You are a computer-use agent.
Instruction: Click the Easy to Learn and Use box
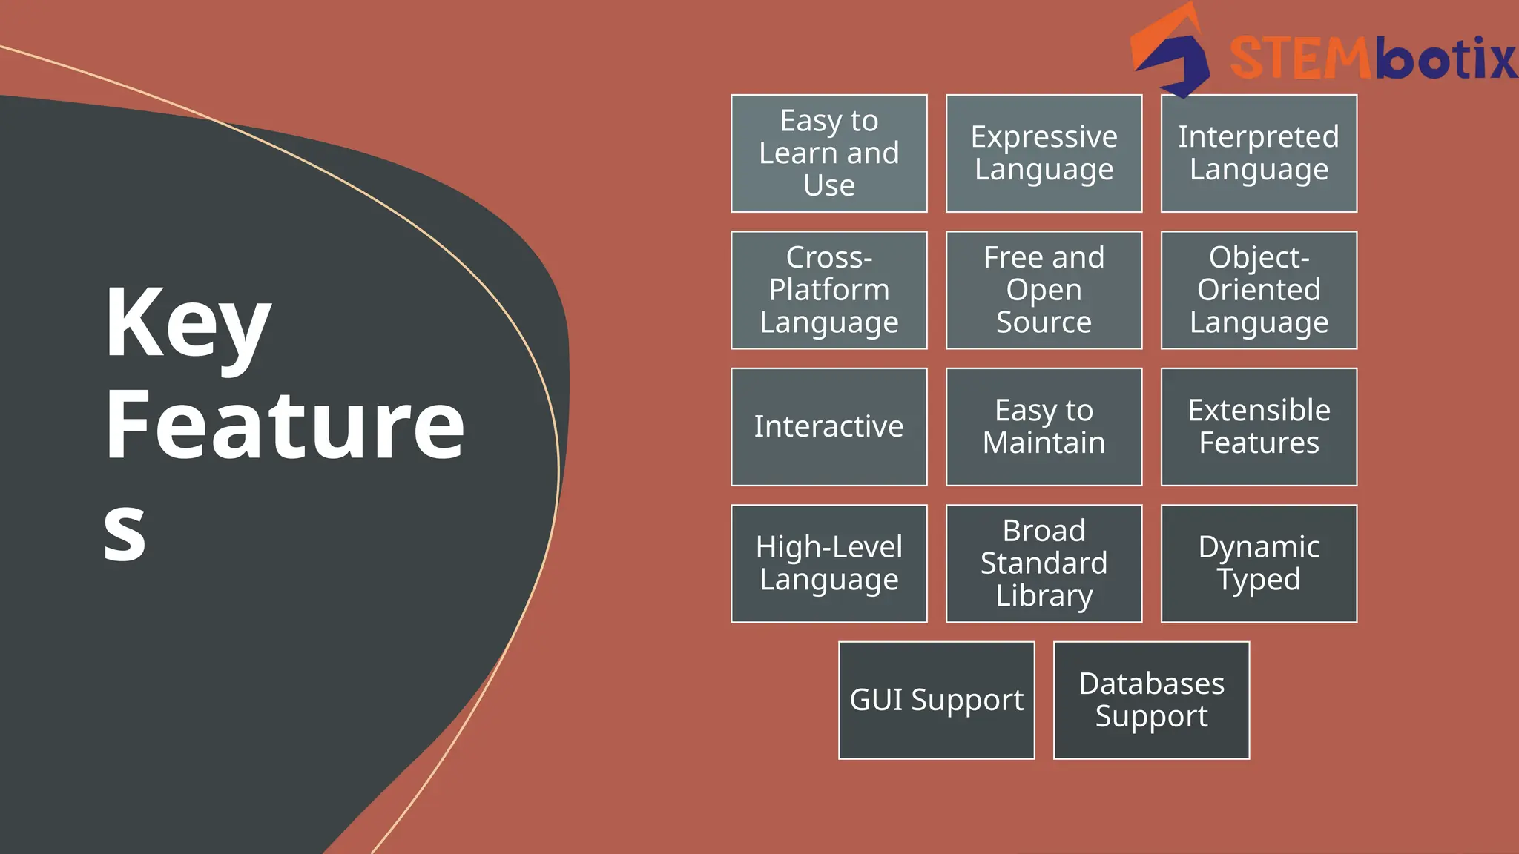click(x=828, y=153)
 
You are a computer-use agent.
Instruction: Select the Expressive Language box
click(x=1044, y=153)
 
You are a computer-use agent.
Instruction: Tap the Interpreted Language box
click(x=1259, y=153)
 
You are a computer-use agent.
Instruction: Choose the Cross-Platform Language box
click(x=828, y=290)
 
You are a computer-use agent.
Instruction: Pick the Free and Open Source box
click(x=1044, y=290)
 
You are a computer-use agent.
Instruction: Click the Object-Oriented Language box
click(x=1259, y=290)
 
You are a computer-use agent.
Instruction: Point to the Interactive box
click(x=828, y=427)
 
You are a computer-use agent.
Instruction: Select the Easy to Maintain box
click(x=1044, y=427)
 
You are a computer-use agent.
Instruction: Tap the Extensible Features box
click(x=1259, y=427)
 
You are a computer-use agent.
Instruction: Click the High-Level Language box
click(x=828, y=563)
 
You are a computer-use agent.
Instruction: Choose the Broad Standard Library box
click(x=1044, y=563)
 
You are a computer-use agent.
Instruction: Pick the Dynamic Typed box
click(x=1259, y=563)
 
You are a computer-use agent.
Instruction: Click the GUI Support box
click(x=936, y=701)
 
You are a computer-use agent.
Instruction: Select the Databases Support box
click(x=1151, y=701)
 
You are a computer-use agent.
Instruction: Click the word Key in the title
click(x=187, y=324)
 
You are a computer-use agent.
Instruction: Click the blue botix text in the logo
click(x=1446, y=58)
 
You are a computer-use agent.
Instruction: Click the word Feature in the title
click(x=284, y=426)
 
